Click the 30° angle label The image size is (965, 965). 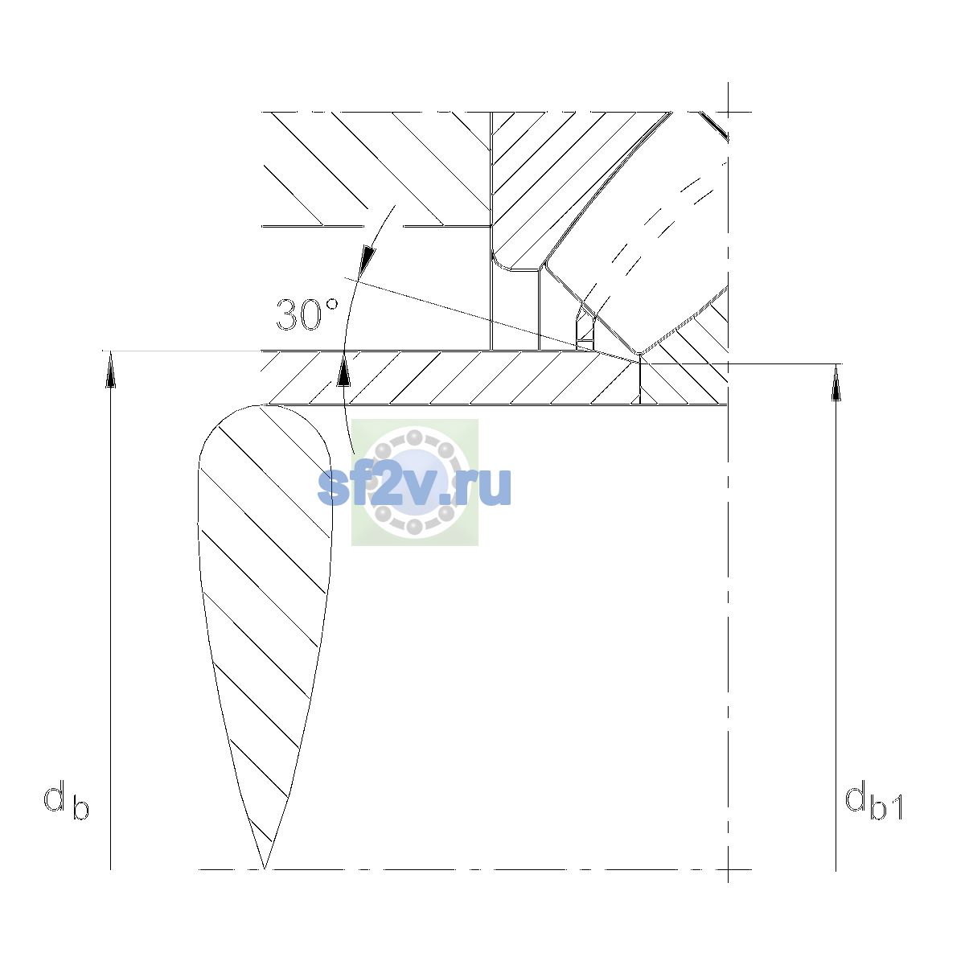pyautogui.click(x=307, y=315)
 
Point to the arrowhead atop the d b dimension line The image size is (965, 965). pyautogui.click(x=111, y=369)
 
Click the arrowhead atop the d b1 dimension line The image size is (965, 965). pyautogui.click(x=836, y=382)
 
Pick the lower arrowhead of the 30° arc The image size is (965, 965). pyautogui.click(x=343, y=369)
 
